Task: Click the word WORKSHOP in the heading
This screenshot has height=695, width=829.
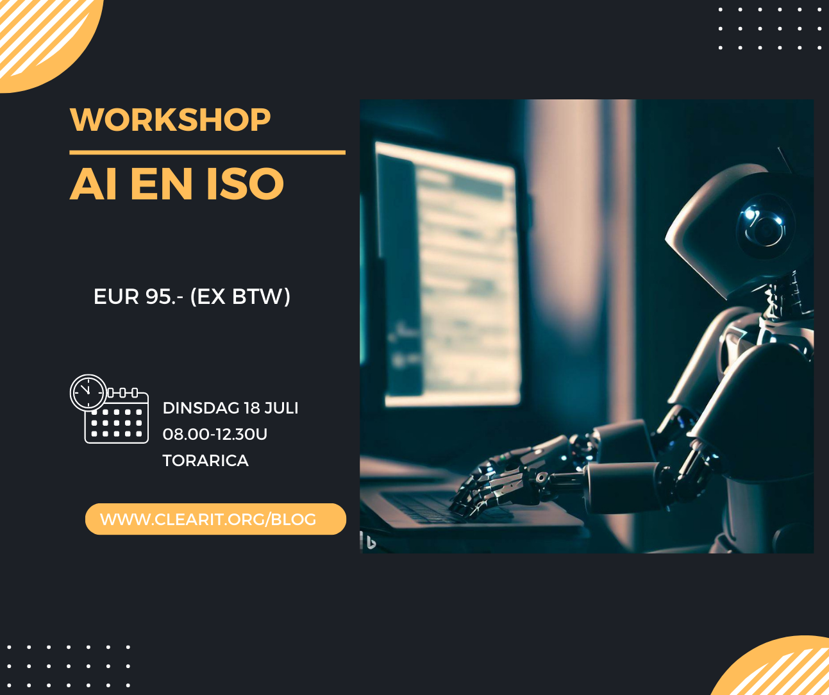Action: click(170, 120)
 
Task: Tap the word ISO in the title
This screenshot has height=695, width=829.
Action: click(244, 184)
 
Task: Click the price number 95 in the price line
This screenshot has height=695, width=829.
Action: click(158, 297)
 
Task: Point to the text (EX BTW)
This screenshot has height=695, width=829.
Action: click(240, 297)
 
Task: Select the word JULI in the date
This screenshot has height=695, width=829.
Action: click(281, 408)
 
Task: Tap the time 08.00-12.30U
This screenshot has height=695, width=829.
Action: click(215, 435)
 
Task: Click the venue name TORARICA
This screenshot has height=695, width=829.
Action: click(205, 461)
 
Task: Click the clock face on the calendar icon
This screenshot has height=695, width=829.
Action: click(87, 392)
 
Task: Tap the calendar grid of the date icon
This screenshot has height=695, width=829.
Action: click(117, 423)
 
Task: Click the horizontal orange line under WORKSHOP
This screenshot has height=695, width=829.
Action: click(207, 153)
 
